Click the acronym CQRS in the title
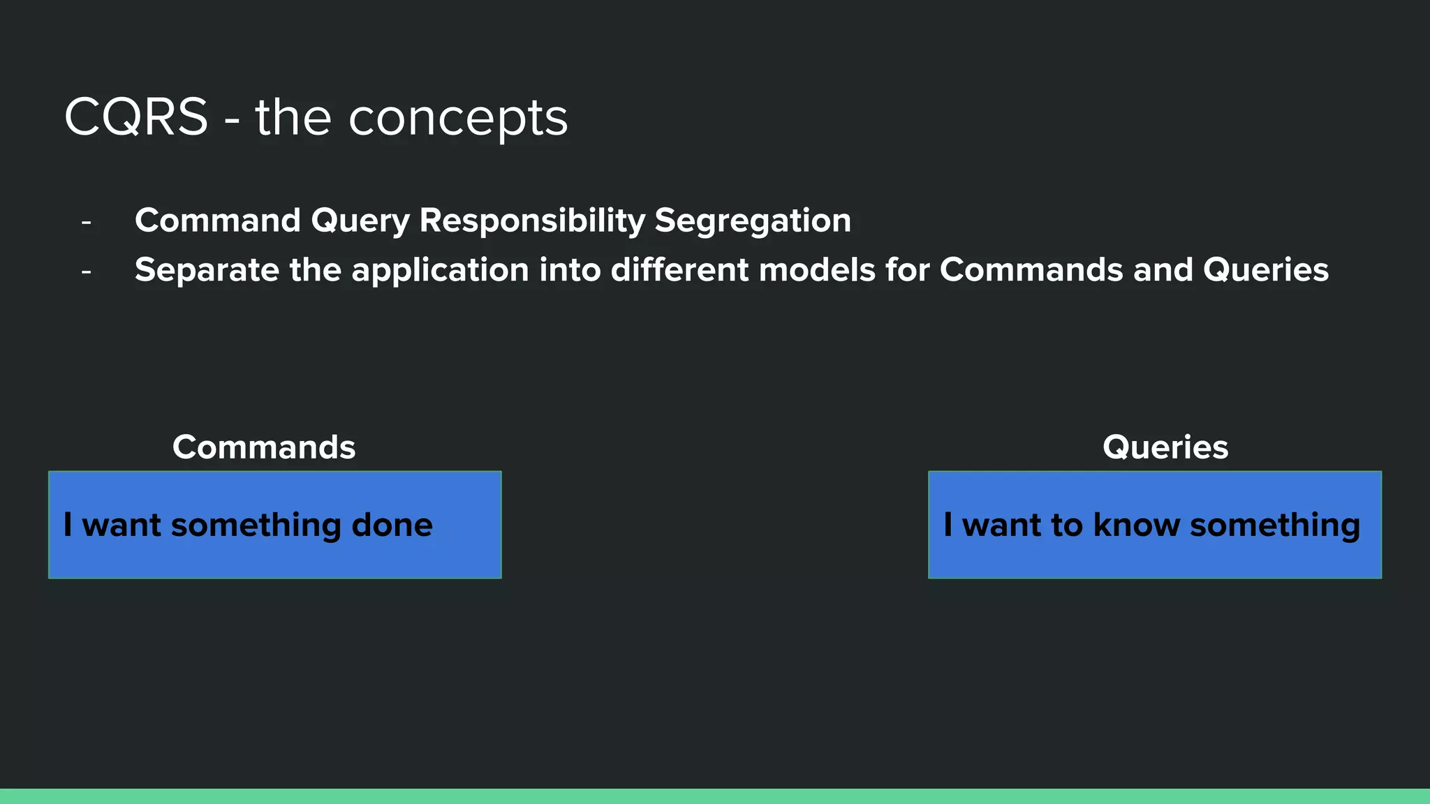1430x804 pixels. click(136, 117)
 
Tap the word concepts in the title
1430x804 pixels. click(458, 119)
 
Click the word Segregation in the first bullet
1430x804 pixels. click(753, 221)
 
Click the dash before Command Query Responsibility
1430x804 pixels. click(86, 223)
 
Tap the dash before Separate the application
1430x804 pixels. click(86, 271)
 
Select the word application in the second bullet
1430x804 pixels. click(440, 271)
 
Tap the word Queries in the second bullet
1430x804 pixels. click(1265, 271)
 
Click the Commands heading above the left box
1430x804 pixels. click(264, 447)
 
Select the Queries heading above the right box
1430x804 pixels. click(1165, 447)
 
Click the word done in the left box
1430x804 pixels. click(392, 525)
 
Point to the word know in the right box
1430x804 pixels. click(1136, 525)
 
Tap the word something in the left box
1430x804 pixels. click(256, 526)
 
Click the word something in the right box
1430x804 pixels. click(1274, 526)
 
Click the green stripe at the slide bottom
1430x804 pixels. click(715, 796)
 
